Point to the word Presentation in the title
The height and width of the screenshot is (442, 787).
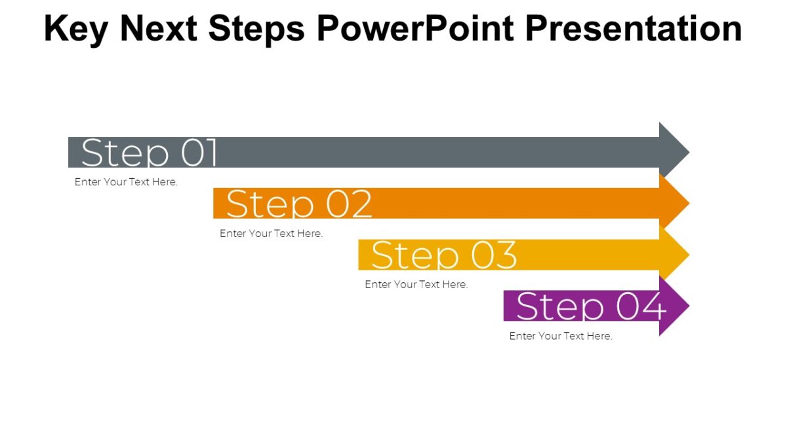click(x=634, y=28)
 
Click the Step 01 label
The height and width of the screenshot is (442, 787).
click(x=150, y=153)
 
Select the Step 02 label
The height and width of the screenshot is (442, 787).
click(x=299, y=204)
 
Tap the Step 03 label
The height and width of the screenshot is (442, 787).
click(x=444, y=255)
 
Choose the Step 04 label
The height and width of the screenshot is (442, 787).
click(x=591, y=306)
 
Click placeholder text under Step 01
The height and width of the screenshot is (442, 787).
click(x=126, y=182)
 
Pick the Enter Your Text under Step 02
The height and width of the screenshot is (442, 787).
click(x=271, y=233)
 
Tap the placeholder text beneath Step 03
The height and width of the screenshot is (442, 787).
click(x=416, y=284)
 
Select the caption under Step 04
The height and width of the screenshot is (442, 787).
click(x=561, y=336)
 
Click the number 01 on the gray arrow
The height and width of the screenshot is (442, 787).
click(x=199, y=153)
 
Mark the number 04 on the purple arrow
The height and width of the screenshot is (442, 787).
click(x=641, y=306)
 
